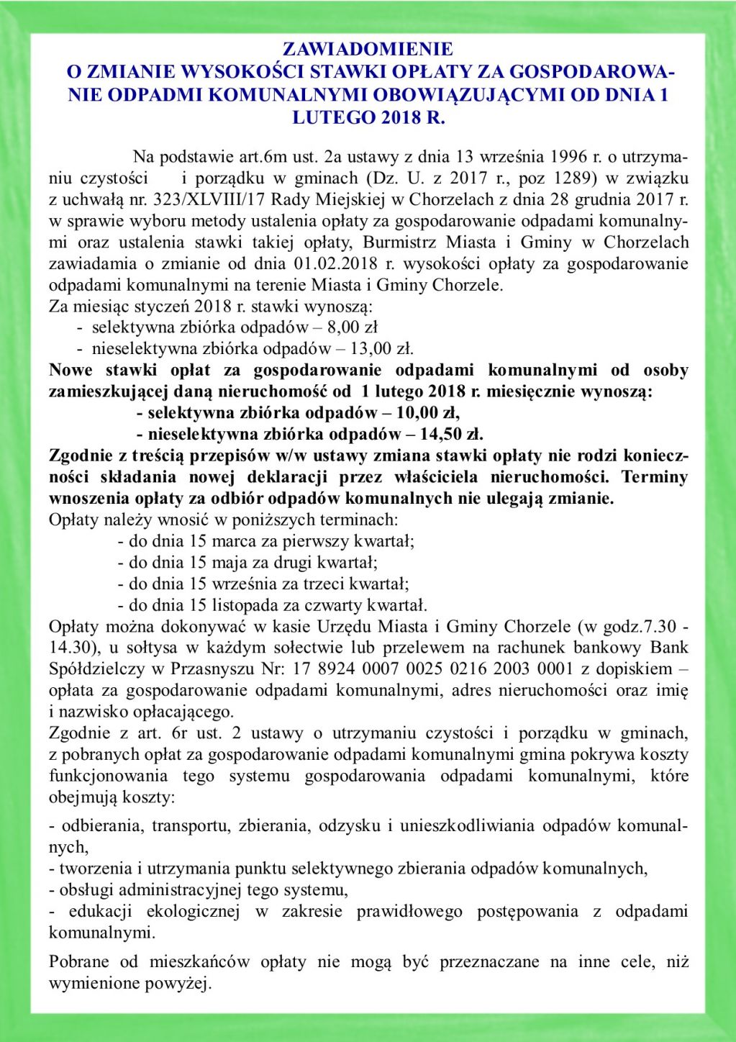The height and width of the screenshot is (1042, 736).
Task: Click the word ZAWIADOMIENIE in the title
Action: click(x=368, y=50)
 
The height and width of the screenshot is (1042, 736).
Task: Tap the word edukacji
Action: click(x=101, y=912)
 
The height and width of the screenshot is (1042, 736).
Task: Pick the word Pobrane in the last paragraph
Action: click(x=79, y=962)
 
